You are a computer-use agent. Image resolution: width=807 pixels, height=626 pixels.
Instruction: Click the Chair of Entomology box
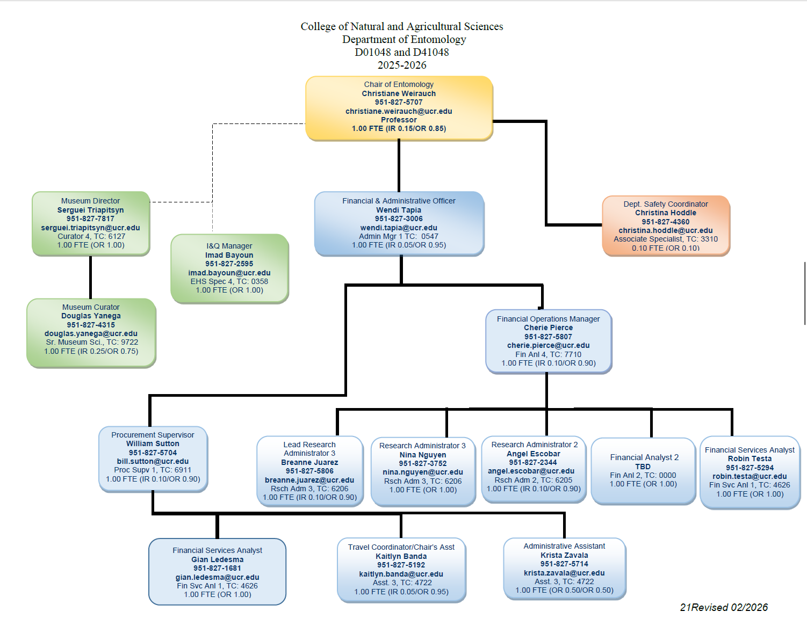pyautogui.click(x=399, y=107)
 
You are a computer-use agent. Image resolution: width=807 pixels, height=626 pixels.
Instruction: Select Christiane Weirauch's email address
pyautogui.click(x=399, y=111)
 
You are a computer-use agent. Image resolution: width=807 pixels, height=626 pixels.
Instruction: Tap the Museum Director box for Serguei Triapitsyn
pyautogui.click(x=90, y=223)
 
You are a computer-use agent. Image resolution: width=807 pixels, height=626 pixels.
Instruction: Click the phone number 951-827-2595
pyautogui.click(x=229, y=264)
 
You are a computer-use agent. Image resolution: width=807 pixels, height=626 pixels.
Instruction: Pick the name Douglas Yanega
pyautogui.click(x=91, y=316)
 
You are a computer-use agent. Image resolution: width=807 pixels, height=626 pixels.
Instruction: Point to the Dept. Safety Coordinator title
pyautogui.click(x=665, y=204)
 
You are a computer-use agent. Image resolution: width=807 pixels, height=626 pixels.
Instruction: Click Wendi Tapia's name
pyautogui.click(x=399, y=210)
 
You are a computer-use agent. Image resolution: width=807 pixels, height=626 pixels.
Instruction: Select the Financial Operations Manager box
pyautogui.click(x=548, y=341)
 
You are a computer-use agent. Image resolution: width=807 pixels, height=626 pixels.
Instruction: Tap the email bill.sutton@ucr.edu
pyautogui.click(x=153, y=461)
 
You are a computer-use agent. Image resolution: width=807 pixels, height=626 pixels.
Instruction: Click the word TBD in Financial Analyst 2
pyautogui.click(x=643, y=467)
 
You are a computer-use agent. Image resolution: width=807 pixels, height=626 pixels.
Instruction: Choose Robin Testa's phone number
pyautogui.click(x=750, y=468)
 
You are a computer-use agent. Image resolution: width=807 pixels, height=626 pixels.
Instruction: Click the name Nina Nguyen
pyautogui.click(x=422, y=455)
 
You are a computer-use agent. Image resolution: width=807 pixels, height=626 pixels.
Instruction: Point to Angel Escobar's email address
pyautogui.click(x=531, y=471)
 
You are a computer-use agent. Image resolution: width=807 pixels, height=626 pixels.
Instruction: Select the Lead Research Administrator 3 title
pyautogui.click(x=309, y=449)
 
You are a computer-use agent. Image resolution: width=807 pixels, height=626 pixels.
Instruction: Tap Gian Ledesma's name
pyautogui.click(x=217, y=559)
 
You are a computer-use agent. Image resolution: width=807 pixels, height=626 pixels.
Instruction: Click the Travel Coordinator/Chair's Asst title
pyautogui.click(x=401, y=547)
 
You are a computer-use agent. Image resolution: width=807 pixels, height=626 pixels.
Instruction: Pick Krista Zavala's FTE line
pyautogui.click(x=564, y=590)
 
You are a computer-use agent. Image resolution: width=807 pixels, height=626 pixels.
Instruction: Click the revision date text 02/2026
pyautogui.click(x=749, y=607)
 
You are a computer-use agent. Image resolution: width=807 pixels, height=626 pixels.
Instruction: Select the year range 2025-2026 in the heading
pyautogui.click(x=401, y=65)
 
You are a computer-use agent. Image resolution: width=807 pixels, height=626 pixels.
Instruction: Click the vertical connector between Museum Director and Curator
pyautogui.click(x=90, y=276)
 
